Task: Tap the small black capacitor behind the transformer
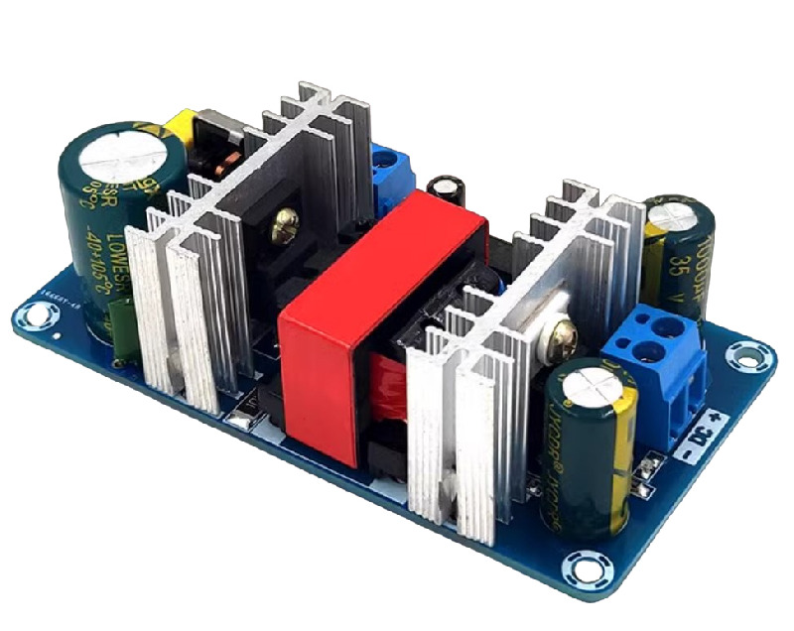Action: tap(444, 192)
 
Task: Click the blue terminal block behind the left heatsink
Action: tap(391, 171)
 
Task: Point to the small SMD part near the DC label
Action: tap(651, 461)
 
